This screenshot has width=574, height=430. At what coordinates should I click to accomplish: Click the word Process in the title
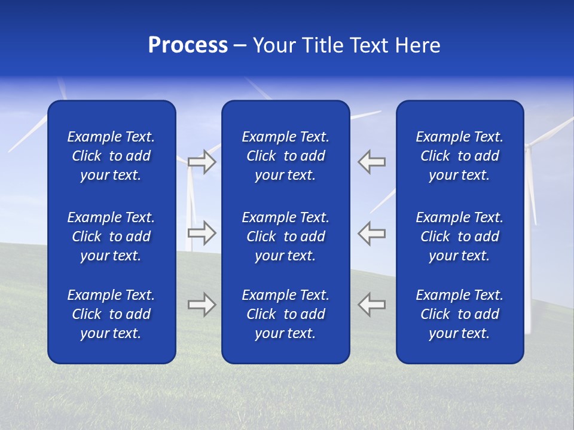tap(188, 45)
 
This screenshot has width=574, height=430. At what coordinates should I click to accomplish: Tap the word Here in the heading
tap(417, 45)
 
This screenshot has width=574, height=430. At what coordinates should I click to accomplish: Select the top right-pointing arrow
tap(201, 162)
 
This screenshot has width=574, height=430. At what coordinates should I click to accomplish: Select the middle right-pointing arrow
tap(201, 233)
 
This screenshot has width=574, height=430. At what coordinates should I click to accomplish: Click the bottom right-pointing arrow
tap(201, 305)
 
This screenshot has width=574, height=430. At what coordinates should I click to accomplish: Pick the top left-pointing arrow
tap(372, 162)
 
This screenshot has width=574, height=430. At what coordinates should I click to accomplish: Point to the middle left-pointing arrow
tap(372, 233)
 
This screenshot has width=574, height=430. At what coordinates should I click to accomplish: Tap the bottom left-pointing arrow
tap(372, 305)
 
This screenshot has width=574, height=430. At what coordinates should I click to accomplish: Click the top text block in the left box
tap(111, 156)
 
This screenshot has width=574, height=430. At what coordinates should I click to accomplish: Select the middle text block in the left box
tap(111, 236)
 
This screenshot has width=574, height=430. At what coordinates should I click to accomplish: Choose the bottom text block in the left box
tap(111, 314)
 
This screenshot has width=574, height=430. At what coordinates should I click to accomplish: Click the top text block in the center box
tap(286, 156)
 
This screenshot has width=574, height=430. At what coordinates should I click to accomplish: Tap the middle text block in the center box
tap(286, 236)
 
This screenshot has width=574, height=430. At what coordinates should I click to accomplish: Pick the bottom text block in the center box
tap(286, 314)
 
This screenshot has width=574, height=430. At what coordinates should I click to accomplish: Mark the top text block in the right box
tap(460, 156)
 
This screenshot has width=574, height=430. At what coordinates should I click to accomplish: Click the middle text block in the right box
tap(460, 236)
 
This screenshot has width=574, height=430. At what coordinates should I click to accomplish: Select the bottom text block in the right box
tap(460, 314)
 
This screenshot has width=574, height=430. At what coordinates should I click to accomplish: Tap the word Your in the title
tap(273, 45)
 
